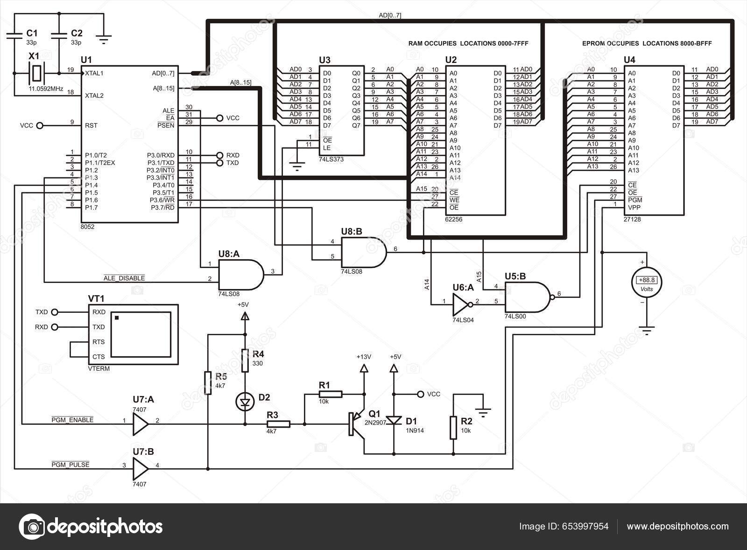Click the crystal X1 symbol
pos(35,73)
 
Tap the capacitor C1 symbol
pos(15,36)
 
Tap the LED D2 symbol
pos(245,401)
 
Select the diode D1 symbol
pos(395,420)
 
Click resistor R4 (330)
pos(245,360)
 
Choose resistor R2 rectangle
pos(453,428)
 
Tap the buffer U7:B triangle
pos(140,465)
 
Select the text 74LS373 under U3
pos(331,159)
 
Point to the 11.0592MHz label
pos(46,88)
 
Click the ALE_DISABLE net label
pos(124,278)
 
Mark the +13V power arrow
pos(363,368)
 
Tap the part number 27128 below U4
pos(633,219)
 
